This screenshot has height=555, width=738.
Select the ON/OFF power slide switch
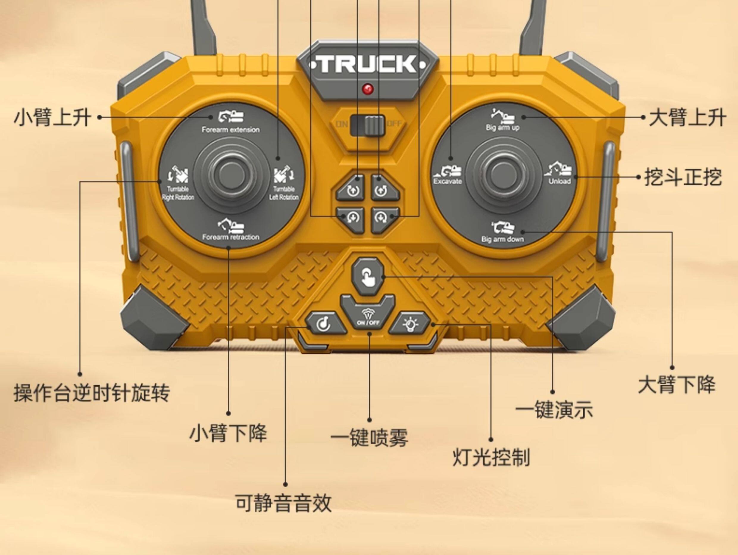368,125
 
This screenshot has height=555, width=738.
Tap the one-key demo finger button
368,276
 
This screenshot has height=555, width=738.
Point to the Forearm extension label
230,130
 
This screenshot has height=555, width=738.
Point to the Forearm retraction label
231,237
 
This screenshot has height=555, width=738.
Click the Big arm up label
502,127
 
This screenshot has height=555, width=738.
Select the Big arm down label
502,239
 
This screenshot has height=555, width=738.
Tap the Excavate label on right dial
447,181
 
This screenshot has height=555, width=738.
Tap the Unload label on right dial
559,181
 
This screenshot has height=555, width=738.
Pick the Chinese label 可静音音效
283,503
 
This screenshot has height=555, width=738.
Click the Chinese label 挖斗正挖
683,177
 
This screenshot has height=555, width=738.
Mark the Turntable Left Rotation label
284,193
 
